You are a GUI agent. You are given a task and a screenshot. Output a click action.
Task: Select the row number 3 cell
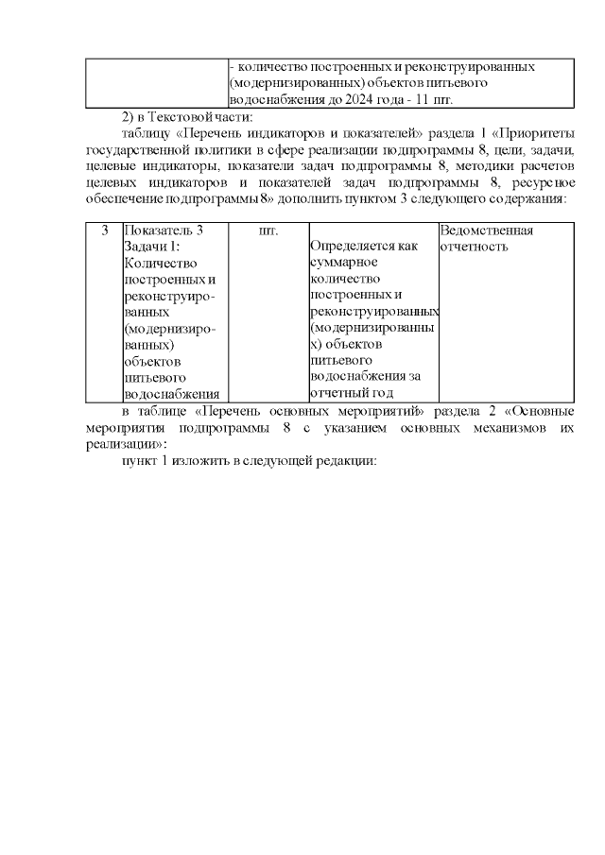click(104, 231)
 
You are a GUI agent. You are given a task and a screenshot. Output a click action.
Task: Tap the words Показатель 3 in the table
click(164, 231)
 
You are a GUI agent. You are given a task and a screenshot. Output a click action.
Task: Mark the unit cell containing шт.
click(268, 231)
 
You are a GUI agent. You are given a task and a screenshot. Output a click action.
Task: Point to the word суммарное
click(344, 263)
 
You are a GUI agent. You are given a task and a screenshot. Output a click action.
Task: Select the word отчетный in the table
click(337, 393)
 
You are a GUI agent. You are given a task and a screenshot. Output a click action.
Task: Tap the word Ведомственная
click(486, 231)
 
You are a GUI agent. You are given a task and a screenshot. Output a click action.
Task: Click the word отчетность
click(474, 247)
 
